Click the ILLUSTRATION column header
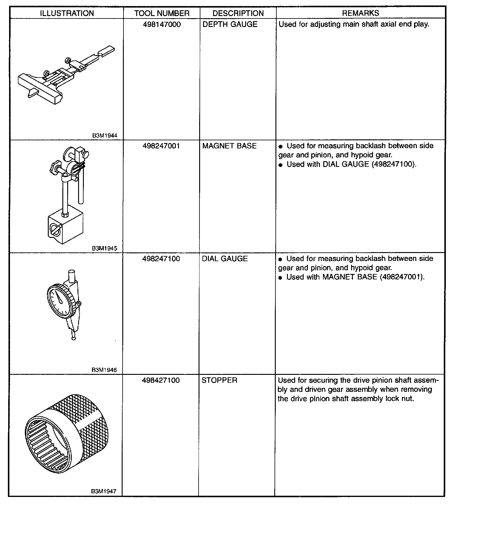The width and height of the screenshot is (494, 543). click(x=67, y=13)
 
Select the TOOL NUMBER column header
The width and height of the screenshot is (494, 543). click(x=162, y=13)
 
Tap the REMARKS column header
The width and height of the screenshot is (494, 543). click(x=360, y=13)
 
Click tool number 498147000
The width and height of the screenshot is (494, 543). click(x=162, y=25)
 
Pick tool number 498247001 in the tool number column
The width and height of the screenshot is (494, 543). click(x=161, y=146)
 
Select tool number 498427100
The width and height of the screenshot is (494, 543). click(x=161, y=380)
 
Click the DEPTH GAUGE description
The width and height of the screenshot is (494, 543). click(x=230, y=25)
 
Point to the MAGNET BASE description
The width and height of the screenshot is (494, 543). click(x=229, y=146)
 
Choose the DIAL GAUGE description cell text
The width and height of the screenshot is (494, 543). click(x=225, y=259)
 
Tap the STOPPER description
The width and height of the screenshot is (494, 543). click(x=219, y=380)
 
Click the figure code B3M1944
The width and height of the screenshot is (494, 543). click(x=104, y=136)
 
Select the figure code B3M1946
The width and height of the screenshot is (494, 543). click(x=104, y=370)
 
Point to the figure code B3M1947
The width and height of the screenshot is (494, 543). click(x=104, y=491)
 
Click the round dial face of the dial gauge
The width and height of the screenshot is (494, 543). click(x=60, y=301)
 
